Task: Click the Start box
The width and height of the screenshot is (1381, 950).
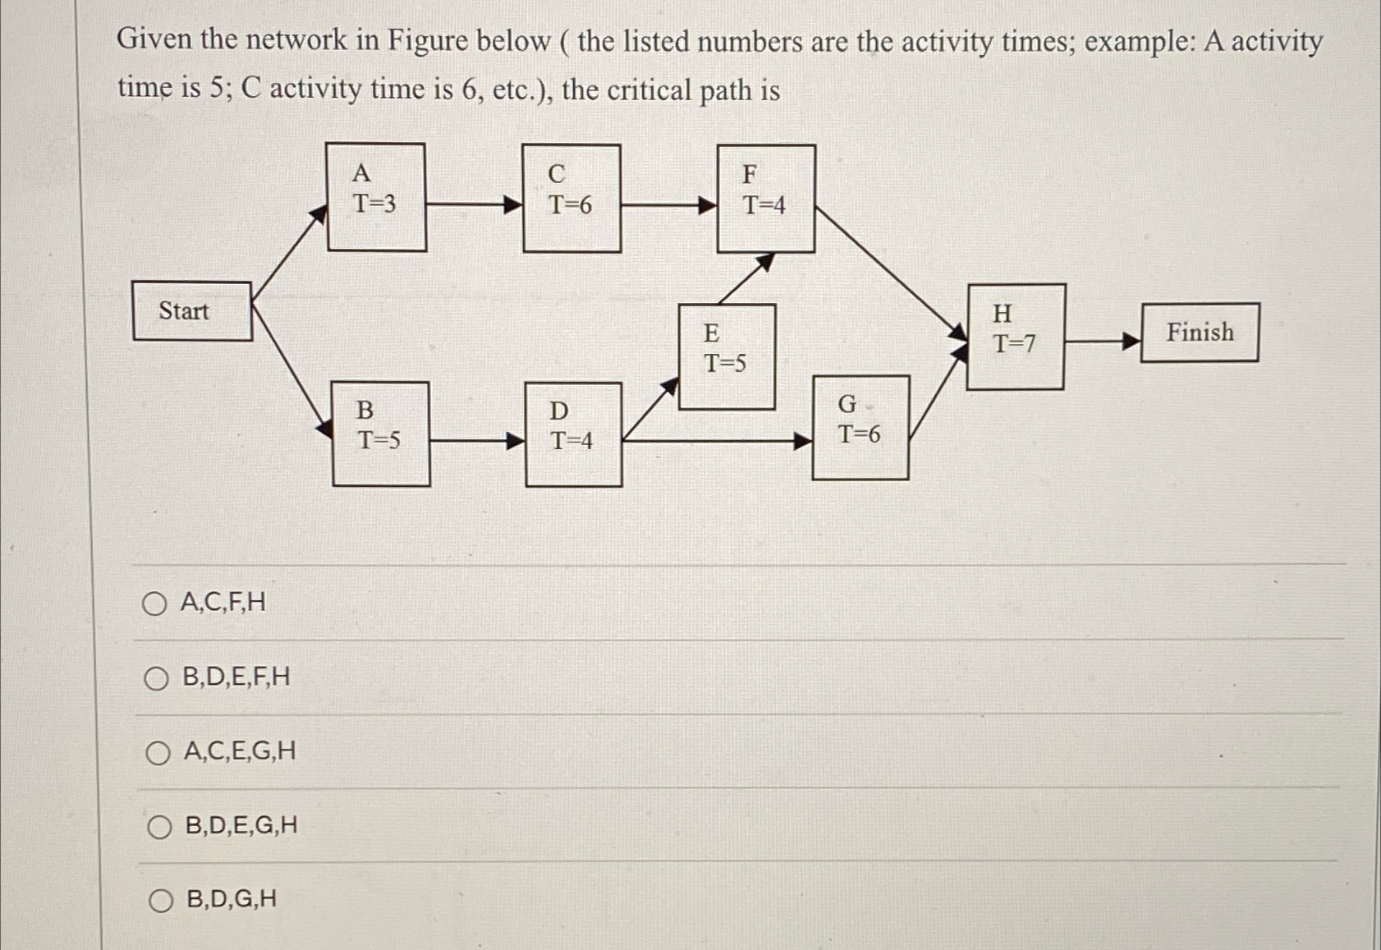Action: (x=192, y=311)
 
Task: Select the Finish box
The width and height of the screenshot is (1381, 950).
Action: (x=1200, y=333)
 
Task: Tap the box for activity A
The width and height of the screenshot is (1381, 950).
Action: (x=376, y=197)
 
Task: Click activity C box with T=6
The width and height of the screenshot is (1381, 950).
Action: (x=571, y=199)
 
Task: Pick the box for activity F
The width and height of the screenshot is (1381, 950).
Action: (x=766, y=199)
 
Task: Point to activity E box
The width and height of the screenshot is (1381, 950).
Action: (x=727, y=356)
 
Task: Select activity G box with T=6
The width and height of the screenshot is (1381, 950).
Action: (x=860, y=427)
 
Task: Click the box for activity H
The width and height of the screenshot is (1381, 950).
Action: (x=1016, y=337)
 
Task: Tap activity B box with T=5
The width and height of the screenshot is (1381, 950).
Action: (x=381, y=434)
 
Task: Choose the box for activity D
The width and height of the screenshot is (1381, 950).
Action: (x=573, y=434)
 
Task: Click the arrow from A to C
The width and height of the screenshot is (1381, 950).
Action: (x=474, y=204)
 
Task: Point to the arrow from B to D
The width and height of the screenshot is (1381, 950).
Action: (x=477, y=441)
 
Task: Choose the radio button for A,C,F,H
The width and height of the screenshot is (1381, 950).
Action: (x=154, y=604)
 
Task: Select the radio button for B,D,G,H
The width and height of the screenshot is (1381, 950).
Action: (x=161, y=901)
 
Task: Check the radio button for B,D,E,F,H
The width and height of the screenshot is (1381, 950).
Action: (x=156, y=678)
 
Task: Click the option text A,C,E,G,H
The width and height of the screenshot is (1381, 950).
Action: (x=240, y=751)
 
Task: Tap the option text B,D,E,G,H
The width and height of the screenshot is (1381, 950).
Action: (x=241, y=825)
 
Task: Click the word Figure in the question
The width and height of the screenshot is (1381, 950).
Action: (x=428, y=39)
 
